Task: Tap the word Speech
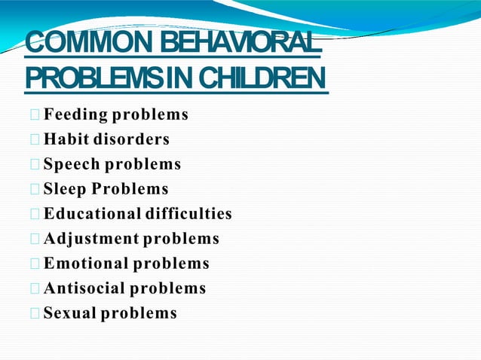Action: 72,164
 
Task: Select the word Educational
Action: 92,214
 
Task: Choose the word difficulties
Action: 188,214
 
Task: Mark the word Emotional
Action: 86,264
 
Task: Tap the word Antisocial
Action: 84,288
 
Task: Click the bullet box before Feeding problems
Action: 35,116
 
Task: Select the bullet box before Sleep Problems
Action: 35,190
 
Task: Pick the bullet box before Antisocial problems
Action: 35,289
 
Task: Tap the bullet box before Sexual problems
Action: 35,314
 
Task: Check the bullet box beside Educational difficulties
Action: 35,215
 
